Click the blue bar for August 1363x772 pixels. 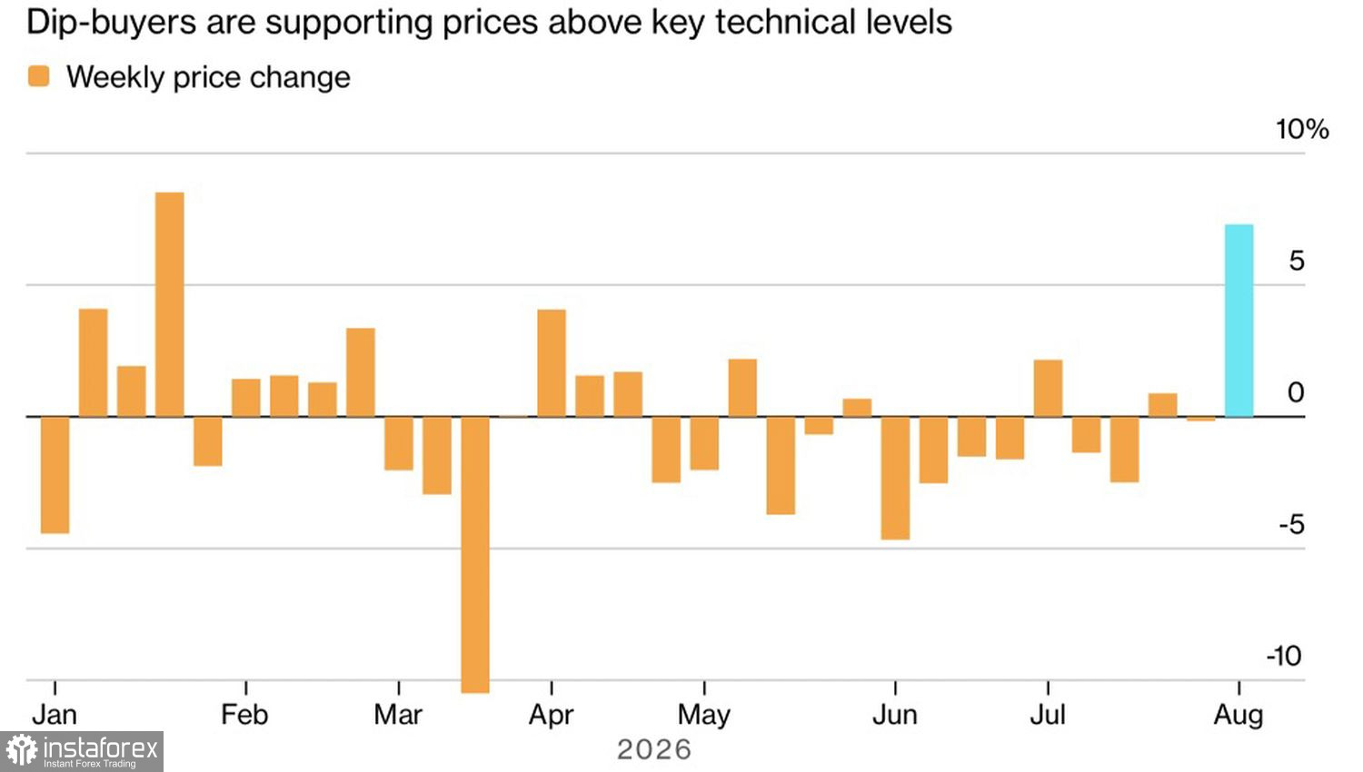[1239, 321]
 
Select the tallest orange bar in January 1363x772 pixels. [170, 305]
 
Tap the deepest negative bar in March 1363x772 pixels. [475, 555]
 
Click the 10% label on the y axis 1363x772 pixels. [1302, 129]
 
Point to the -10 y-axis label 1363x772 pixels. [1284, 656]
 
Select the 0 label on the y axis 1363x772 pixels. [1296, 392]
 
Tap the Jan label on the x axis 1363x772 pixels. [55, 714]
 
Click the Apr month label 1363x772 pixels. [551, 715]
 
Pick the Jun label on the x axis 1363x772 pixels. [894, 714]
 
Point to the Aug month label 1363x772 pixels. [1239, 715]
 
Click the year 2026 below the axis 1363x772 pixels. [654, 749]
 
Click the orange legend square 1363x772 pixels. [38, 76]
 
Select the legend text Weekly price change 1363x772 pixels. [208, 77]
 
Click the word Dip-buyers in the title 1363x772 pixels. [112, 23]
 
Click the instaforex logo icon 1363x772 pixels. [22, 750]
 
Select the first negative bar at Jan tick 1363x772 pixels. [55, 475]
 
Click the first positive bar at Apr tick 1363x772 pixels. [552, 363]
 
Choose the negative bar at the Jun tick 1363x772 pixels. [895, 478]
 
